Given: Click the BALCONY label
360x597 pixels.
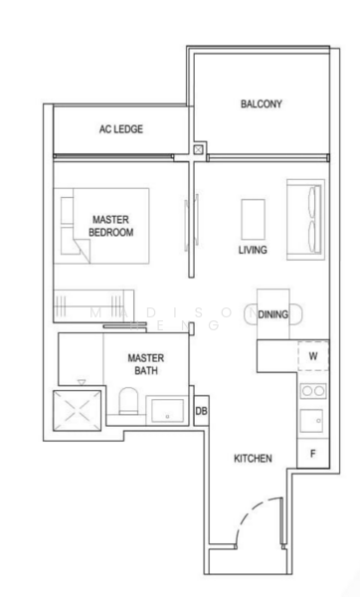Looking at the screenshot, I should pyautogui.click(x=261, y=103).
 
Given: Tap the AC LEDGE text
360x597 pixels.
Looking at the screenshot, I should pyautogui.click(x=121, y=128).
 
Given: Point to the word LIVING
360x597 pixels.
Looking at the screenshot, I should pyautogui.click(x=252, y=250).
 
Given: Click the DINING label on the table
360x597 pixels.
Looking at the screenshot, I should pyautogui.click(x=272, y=314).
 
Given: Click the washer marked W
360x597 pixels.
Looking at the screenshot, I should pyautogui.click(x=312, y=355).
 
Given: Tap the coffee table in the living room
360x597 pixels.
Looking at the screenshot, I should pyautogui.click(x=254, y=217).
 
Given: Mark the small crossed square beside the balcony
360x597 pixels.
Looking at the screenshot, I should pyautogui.click(x=200, y=150).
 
